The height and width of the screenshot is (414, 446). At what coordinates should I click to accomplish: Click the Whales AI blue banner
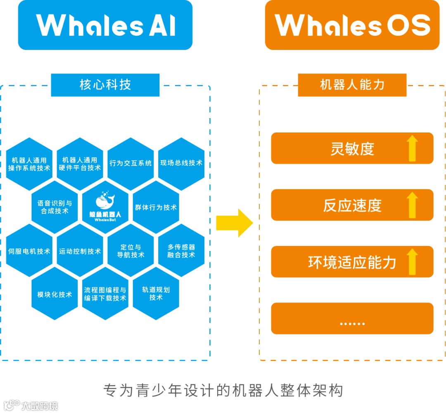click(105, 25)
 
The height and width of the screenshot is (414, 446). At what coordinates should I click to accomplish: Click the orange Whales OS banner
click(352, 25)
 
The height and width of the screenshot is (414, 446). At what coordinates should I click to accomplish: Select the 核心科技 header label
click(105, 85)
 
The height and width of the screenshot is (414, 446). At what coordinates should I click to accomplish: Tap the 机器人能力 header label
click(352, 85)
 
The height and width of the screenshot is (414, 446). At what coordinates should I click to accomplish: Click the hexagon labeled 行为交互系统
click(130, 163)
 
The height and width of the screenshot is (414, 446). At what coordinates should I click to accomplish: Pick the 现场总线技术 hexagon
click(181, 163)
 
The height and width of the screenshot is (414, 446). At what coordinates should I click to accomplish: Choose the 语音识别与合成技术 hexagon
click(55, 207)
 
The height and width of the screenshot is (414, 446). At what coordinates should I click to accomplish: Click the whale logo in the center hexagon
click(105, 200)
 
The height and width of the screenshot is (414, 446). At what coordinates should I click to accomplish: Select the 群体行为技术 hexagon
click(156, 207)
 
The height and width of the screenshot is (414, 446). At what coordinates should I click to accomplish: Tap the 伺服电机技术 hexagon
click(29, 251)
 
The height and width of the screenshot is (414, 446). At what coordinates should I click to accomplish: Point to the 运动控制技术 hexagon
click(80, 251)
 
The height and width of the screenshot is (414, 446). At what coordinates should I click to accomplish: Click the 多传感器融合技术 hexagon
click(181, 251)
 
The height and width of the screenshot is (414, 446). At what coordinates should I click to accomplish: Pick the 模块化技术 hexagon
click(55, 294)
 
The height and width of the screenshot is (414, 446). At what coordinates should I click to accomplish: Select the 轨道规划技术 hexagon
click(156, 293)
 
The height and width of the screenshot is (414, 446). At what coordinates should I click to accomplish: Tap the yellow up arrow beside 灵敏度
click(412, 149)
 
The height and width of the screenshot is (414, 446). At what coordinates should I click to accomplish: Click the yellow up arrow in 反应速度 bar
click(412, 205)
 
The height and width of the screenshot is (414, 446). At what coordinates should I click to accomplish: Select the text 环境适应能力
click(352, 262)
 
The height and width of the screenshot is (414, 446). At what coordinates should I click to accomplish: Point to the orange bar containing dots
click(352, 319)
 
